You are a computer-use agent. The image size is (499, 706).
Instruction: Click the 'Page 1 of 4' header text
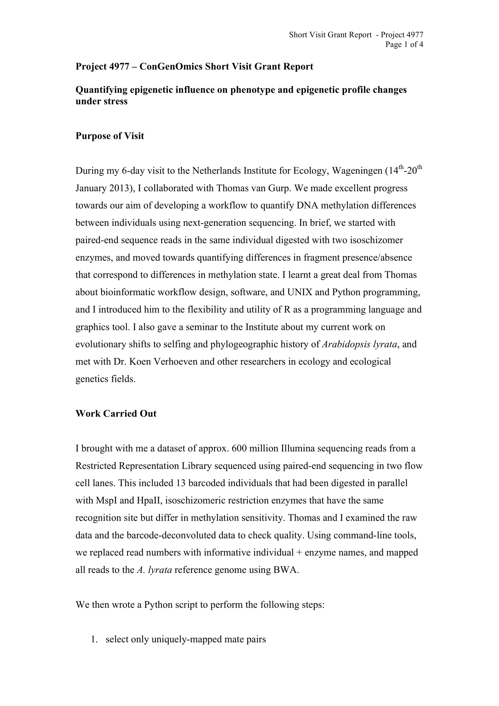tap(404, 45)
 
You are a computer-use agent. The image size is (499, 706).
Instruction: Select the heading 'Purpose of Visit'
tap(110, 136)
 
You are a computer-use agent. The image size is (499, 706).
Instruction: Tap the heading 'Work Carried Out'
tap(116, 414)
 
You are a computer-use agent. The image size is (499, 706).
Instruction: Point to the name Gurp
tap(279, 188)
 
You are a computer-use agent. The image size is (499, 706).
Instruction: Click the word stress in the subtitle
tap(114, 101)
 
